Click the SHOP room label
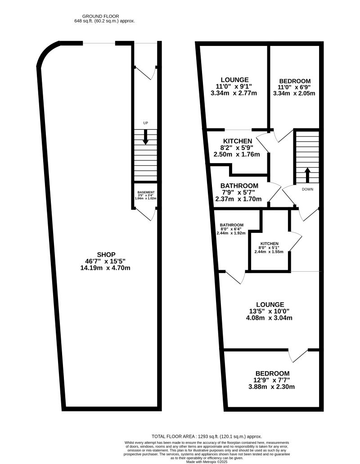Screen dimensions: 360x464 (x=106, y=255)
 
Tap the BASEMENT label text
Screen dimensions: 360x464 (x=146, y=192)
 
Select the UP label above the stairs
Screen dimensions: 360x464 (x=145, y=123)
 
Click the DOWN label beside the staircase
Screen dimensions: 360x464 (x=307, y=189)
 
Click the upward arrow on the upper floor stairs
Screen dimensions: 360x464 (x=307, y=175)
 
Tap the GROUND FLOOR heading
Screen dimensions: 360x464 (x=100, y=16)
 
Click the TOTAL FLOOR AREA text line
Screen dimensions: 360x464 (x=207, y=436)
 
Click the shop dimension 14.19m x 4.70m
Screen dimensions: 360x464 (x=105, y=268)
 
